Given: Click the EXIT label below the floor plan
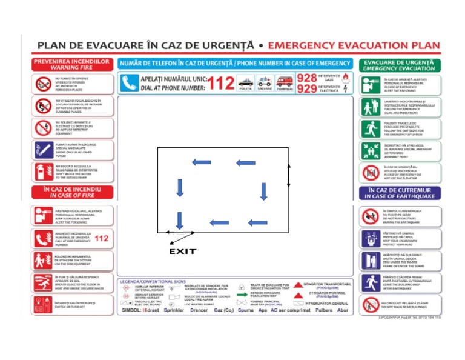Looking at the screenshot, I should pos(182,252).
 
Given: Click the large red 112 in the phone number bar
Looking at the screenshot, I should pos(223,82).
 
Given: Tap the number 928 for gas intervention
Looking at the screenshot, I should pos(307,78).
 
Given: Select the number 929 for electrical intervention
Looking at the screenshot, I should pos(307,89).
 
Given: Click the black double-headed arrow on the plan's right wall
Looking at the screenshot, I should pos(288,175).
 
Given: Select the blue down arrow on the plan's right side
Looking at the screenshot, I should pos(263,191).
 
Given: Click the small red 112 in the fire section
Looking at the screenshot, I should pos(102,238).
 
